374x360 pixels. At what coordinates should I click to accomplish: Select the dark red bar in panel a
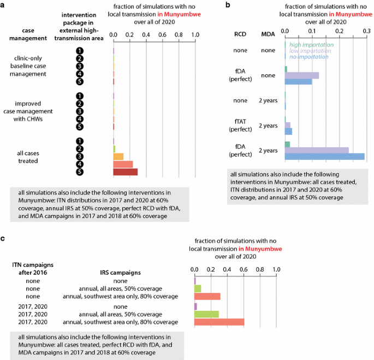click(125, 172)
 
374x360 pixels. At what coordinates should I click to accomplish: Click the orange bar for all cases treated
click(118, 157)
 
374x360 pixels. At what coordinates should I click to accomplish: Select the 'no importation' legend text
click(308, 57)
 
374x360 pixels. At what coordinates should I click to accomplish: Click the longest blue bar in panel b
click(324, 157)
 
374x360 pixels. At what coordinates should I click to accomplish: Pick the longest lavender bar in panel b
click(317, 150)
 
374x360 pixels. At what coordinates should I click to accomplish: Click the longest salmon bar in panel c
click(219, 322)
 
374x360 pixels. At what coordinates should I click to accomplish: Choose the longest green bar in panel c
click(206, 314)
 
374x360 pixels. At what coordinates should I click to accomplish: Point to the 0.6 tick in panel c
click(244, 269)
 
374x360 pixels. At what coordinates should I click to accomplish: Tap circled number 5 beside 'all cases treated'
click(80, 172)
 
